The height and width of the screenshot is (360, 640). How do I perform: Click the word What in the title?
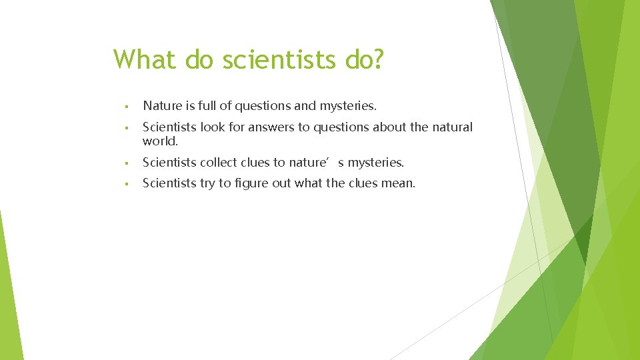145,59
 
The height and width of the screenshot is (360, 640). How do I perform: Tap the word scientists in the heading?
279,59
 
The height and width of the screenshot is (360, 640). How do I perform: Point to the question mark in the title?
377,59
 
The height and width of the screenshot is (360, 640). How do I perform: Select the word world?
160,141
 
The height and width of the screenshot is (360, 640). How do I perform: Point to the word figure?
252,183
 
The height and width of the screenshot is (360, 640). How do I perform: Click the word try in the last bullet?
209,183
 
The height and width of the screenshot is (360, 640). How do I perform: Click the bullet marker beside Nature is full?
125,106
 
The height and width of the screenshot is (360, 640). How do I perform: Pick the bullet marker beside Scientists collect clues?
125,163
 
